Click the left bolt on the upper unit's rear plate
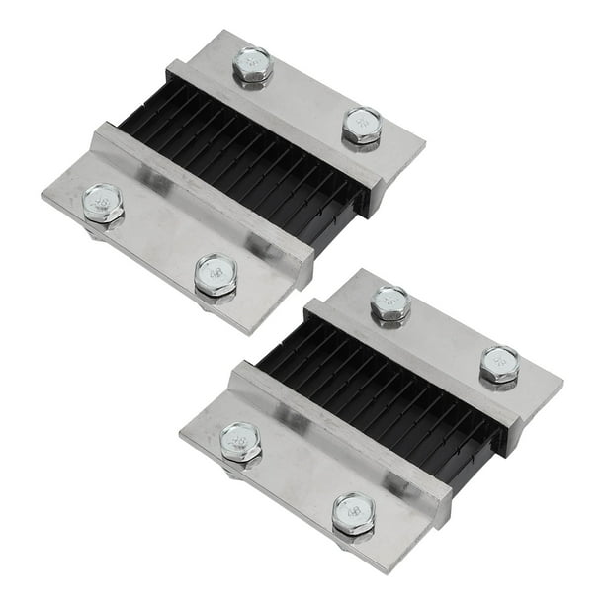(253, 65)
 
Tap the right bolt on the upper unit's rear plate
(362, 125)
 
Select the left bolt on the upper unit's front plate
(103, 203)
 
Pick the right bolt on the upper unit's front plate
(216, 275)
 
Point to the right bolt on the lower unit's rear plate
(499, 364)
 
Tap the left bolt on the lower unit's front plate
(240, 442)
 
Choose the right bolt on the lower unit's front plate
(353, 512)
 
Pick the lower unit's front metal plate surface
(297, 475)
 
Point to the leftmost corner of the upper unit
(43, 198)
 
